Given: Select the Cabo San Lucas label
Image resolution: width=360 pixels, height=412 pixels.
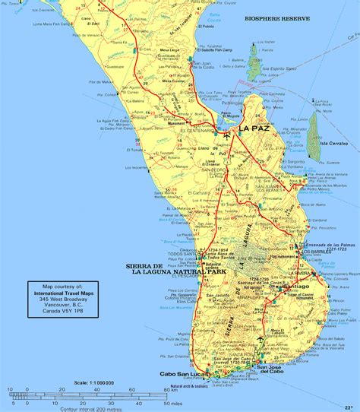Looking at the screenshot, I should coord(183,374).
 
